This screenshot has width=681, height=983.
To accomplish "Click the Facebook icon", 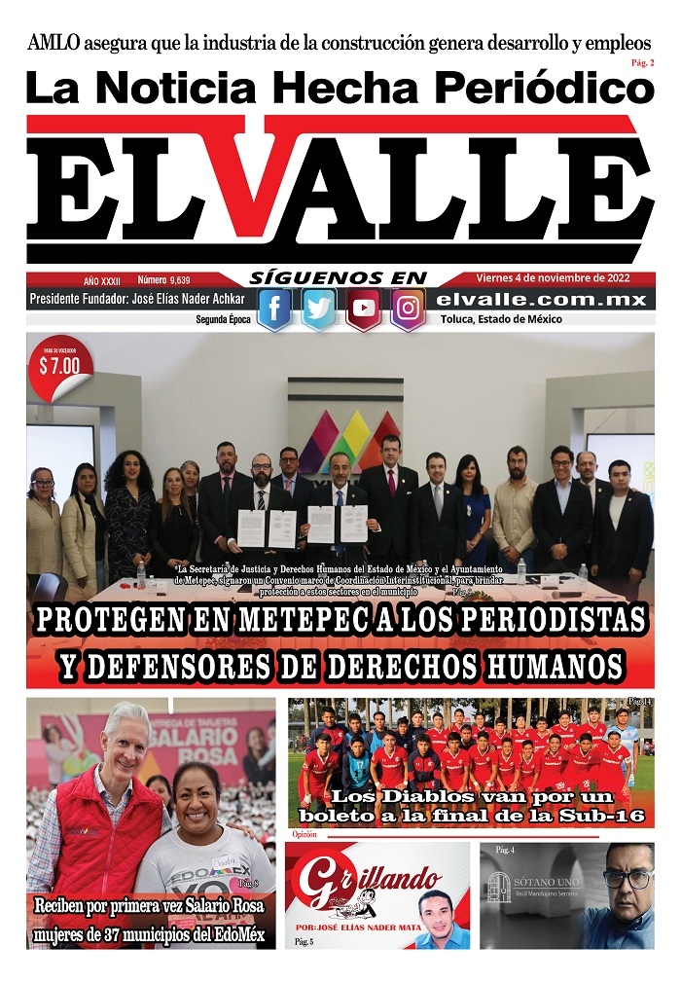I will (x=274, y=309).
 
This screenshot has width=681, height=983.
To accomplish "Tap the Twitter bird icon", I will (x=319, y=309).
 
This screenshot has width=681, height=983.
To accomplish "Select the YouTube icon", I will (x=364, y=309).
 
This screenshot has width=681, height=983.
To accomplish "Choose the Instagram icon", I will (x=409, y=309).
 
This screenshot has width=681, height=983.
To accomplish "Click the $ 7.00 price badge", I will (x=58, y=367).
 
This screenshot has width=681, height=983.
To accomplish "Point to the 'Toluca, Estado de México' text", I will (x=501, y=319).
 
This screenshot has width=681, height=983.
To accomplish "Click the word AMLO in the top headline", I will (x=54, y=44).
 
